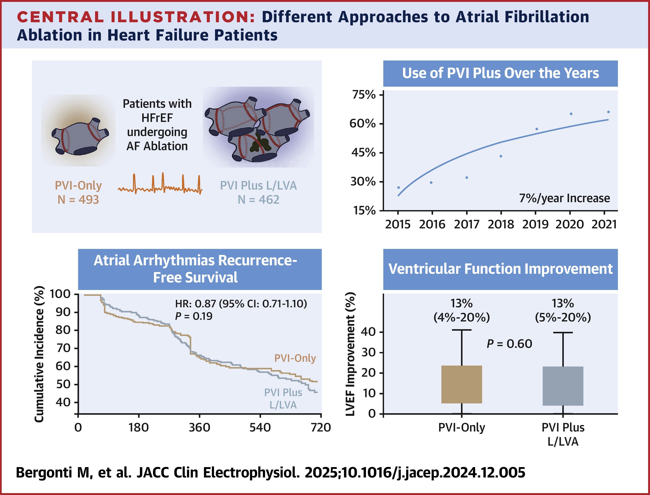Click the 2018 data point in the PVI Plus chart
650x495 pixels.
click(501, 156)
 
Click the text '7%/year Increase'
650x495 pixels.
click(565, 198)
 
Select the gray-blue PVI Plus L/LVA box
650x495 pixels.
click(563, 386)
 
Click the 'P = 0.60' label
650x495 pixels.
click(509, 344)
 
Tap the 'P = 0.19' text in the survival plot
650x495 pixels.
click(194, 316)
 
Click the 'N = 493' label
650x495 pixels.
click(78, 200)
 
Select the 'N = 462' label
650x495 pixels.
click(258, 200)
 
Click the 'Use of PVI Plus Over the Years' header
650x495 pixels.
click(500, 73)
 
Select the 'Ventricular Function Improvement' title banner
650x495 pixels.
click(500, 269)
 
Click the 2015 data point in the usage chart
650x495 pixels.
click(398, 188)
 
